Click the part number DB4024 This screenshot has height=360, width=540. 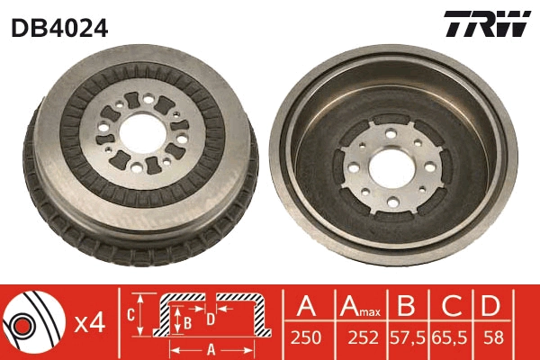[x=59, y=28]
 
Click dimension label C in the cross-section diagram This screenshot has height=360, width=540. [x=130, y=315]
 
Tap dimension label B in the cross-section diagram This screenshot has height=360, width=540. [x=186, y=320]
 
